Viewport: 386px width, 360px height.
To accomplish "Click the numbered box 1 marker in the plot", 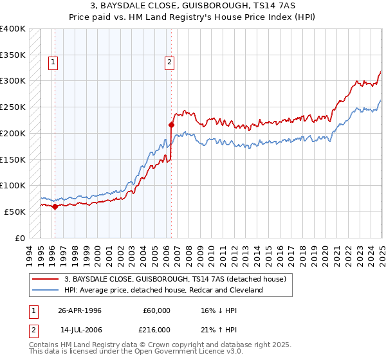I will point(52,62).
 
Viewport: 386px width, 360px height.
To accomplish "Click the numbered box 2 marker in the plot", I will point(169,62).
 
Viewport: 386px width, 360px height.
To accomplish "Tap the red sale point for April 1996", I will point(55,207).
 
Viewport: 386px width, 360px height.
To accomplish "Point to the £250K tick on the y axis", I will point(14,107).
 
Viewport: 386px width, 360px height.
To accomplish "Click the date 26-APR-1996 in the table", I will point(80,310).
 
